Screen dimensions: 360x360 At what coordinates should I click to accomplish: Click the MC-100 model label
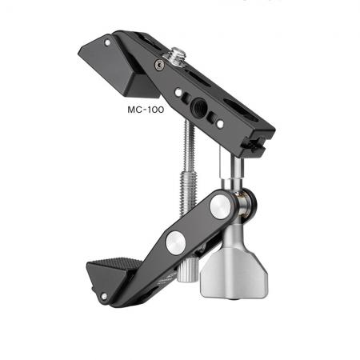[146, 110]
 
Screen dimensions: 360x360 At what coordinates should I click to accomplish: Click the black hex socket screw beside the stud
[160, 65]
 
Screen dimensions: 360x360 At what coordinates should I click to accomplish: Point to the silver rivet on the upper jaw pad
[107, 42]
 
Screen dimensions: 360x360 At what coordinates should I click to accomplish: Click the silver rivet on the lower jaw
[104, 296]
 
